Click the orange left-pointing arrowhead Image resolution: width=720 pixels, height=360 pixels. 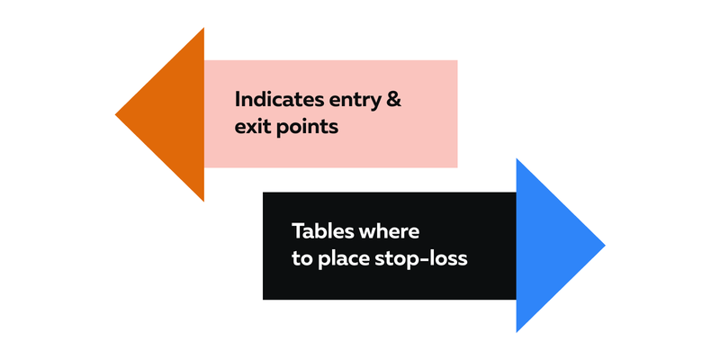pyautogui.click(x=175, y=114)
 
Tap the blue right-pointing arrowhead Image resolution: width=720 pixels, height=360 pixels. pyautogui.click(x=546, y=245)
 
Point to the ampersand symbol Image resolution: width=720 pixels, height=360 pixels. pyautogui.click(x=393, y=100)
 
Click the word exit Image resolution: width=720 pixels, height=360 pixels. pyautogui.click(x=253, y=126)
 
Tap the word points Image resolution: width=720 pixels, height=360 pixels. pyautogui.click(x=307, y=127)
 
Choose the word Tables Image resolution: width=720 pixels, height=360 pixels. pyautogui.click(x=322, y=231)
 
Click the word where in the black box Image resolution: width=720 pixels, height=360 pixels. pyautogui.click(x=389, y=231)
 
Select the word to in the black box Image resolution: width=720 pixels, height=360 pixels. pyautogui.click(x=302, y=259)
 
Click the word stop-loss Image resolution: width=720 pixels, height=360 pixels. pyautogui.click(x=421, y=259)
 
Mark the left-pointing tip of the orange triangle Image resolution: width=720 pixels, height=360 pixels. pyautogui.click(x=115, y=114)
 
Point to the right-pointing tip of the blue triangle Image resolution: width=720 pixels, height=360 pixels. pyautogui.click(x=605, y=245)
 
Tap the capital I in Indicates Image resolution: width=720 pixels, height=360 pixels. pyautogui.click(x=237, y=100)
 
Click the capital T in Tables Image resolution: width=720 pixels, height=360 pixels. pyautogui.click(x=299, y=231)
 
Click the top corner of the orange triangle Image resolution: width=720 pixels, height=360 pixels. pyautogui.click(x=204, y=28)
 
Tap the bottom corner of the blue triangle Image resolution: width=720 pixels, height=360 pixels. pyautogui.click(x=517, y=332)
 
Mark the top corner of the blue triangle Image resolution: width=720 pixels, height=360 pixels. pyautogui.click(x=517, y=158)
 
